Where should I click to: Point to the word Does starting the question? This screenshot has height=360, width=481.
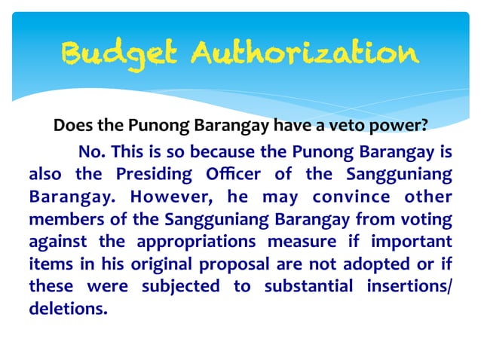(x=72, y=125)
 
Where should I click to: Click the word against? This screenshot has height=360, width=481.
(x=57, y=242)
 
